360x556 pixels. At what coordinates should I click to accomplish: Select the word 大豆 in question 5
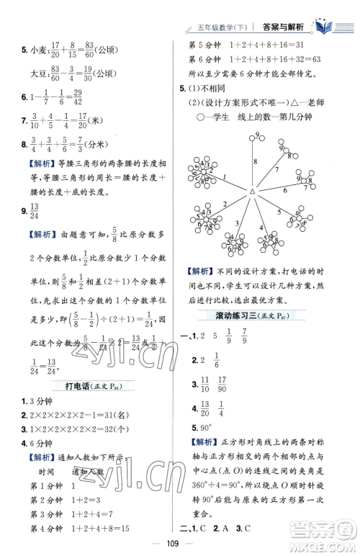[38, 72]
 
